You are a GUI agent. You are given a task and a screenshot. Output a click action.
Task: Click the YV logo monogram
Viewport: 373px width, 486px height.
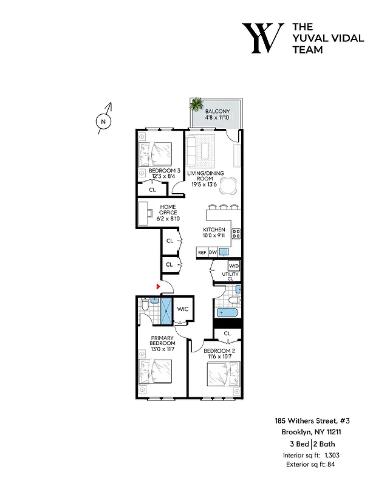click(x=262, y=38)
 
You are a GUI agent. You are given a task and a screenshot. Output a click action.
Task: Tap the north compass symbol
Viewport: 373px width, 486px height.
click(x=103, y=120)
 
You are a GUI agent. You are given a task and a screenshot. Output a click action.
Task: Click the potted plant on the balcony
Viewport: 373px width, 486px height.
click(x=196, y=105)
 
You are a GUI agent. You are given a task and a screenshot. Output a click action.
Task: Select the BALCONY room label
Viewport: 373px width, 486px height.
click(x=216, y=111)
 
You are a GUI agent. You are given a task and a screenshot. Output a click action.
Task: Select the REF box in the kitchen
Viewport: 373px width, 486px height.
click(x=202, y=252)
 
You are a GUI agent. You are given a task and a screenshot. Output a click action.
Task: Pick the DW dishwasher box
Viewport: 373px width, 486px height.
click(x=213, y=252)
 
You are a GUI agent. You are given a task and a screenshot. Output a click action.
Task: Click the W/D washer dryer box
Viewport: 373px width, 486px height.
click(x=234, y=266)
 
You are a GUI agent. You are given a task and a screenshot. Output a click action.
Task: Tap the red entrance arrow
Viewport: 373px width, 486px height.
click(x=159, y=285)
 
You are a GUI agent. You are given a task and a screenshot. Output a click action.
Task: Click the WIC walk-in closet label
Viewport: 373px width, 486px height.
click(x=183, y=309)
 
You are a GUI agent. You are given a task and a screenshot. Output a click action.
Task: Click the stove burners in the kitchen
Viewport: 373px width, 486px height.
click(x=236, y=233)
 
